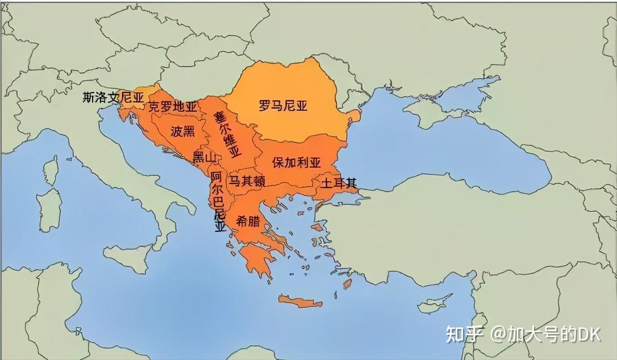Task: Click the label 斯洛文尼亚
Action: click(x=113, y=97)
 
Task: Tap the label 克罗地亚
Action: click(x=173, y=107)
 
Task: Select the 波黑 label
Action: click(x=183, y=131)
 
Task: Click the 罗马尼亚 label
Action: click(x=283, y=106)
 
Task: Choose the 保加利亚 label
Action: click(x=296, y=162)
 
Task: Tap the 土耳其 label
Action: click(x=339, y=184)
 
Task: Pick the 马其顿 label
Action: click(x=247, y=181)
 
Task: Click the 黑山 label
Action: click(x=203, y=158)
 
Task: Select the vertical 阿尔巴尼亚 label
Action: click(x=218, y=202)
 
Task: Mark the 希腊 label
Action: click(x=248, y=221)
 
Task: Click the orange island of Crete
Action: click(x=300, y=301)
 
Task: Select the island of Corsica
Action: click(x=50, y=168)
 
